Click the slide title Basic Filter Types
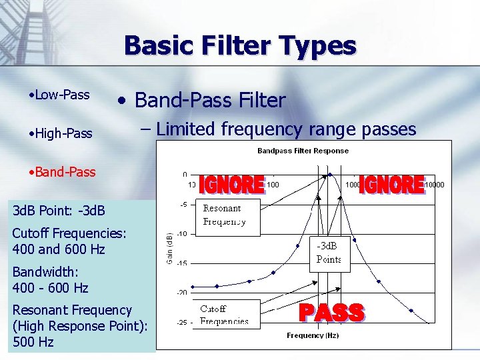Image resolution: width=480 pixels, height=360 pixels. (240, 46)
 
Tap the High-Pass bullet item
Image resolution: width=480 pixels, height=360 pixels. (61, 133)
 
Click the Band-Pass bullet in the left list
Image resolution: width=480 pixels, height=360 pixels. (62, 172)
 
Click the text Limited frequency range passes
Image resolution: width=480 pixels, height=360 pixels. (286, 129)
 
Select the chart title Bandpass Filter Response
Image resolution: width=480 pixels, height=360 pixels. (303, 151)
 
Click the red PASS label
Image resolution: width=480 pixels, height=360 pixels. (331, 312)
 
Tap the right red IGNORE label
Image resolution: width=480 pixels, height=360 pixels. (391, 184)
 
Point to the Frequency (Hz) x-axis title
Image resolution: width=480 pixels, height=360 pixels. (312, 335)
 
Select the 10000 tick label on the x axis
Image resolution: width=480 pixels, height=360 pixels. (434, 184)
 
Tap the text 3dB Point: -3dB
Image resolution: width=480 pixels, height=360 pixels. (59, 211)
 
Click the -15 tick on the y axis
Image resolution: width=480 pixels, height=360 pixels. (181, 263)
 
